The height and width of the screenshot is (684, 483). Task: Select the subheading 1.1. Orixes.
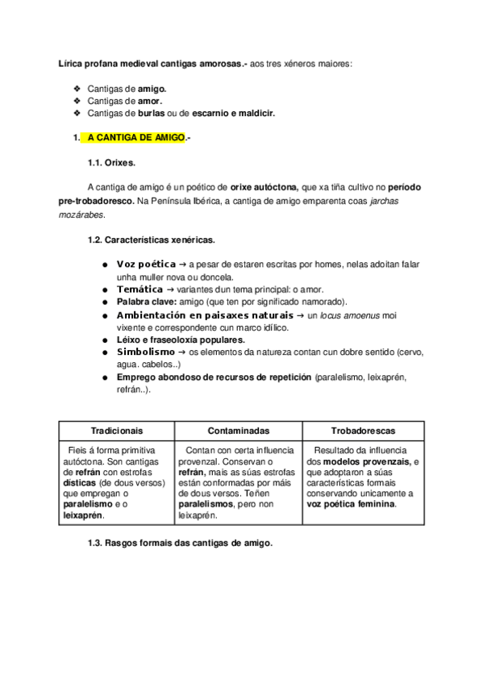(111, 162)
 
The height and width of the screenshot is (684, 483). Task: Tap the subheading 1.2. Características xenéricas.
(151, 240)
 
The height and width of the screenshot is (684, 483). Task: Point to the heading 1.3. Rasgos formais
(180, 543)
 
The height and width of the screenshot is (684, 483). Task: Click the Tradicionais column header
(117, 431)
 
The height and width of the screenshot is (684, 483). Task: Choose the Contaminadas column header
(239, 431)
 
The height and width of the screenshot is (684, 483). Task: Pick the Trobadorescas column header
(363, 431)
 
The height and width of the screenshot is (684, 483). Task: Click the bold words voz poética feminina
(352, 504)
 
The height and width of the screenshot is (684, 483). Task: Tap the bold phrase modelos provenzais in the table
(364, 462)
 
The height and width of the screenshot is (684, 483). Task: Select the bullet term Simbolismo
(147, 352)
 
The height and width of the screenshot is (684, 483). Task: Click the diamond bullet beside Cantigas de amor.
(77, 101)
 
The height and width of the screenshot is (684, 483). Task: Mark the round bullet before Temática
(106, 289)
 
